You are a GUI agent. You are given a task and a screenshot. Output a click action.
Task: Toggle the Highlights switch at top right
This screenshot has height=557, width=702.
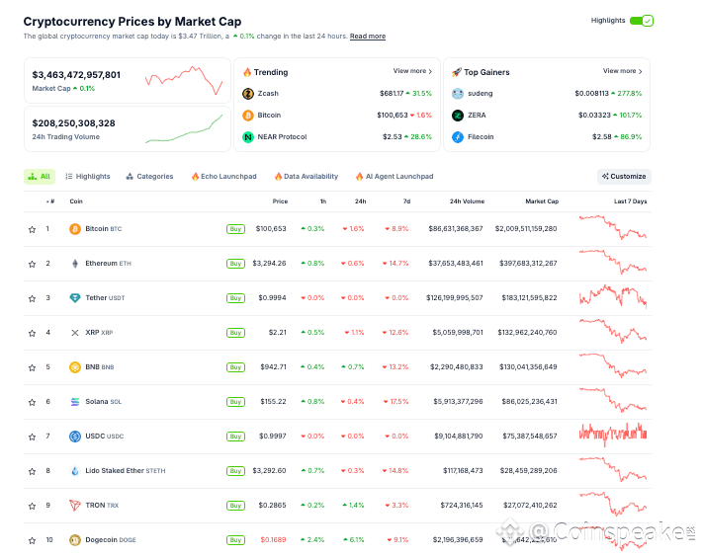point(642,21)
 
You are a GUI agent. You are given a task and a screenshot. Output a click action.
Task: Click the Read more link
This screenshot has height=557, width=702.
point(368,37)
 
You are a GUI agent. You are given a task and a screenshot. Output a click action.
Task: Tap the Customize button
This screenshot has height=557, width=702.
point(624,177)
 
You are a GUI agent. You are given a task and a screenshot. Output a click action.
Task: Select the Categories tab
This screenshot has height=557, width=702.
point(149,177)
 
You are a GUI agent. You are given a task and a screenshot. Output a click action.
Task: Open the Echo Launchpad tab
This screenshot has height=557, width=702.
point(223,177)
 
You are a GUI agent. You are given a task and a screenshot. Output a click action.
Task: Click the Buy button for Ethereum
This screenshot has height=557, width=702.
point(235,264)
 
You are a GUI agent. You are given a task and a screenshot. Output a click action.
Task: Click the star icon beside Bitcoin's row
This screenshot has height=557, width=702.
point(32,229)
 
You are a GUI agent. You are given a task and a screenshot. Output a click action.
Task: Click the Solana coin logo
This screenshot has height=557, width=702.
point(75,402)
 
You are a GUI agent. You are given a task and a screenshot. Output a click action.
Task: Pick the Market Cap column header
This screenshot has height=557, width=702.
point(542,201)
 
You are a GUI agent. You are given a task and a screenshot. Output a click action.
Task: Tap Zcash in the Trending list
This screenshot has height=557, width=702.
point(268,94)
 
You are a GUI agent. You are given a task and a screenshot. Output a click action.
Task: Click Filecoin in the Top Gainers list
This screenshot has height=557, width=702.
point(481,137)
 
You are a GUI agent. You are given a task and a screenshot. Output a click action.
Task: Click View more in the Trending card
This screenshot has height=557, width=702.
point(411,71)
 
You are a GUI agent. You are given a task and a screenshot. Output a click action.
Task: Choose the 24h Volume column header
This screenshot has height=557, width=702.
point(467,201)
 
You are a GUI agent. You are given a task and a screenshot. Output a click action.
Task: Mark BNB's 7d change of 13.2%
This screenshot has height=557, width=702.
point(398,367)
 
